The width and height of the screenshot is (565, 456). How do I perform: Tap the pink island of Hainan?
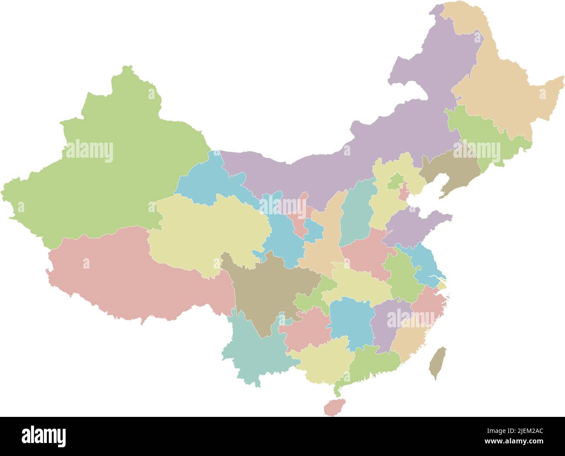coord(334,407)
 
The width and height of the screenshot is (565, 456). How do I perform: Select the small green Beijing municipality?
coord(395,181)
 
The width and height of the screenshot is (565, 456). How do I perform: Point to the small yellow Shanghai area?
coord(442,286)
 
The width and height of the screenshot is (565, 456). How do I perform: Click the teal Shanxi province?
coord(356,213)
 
